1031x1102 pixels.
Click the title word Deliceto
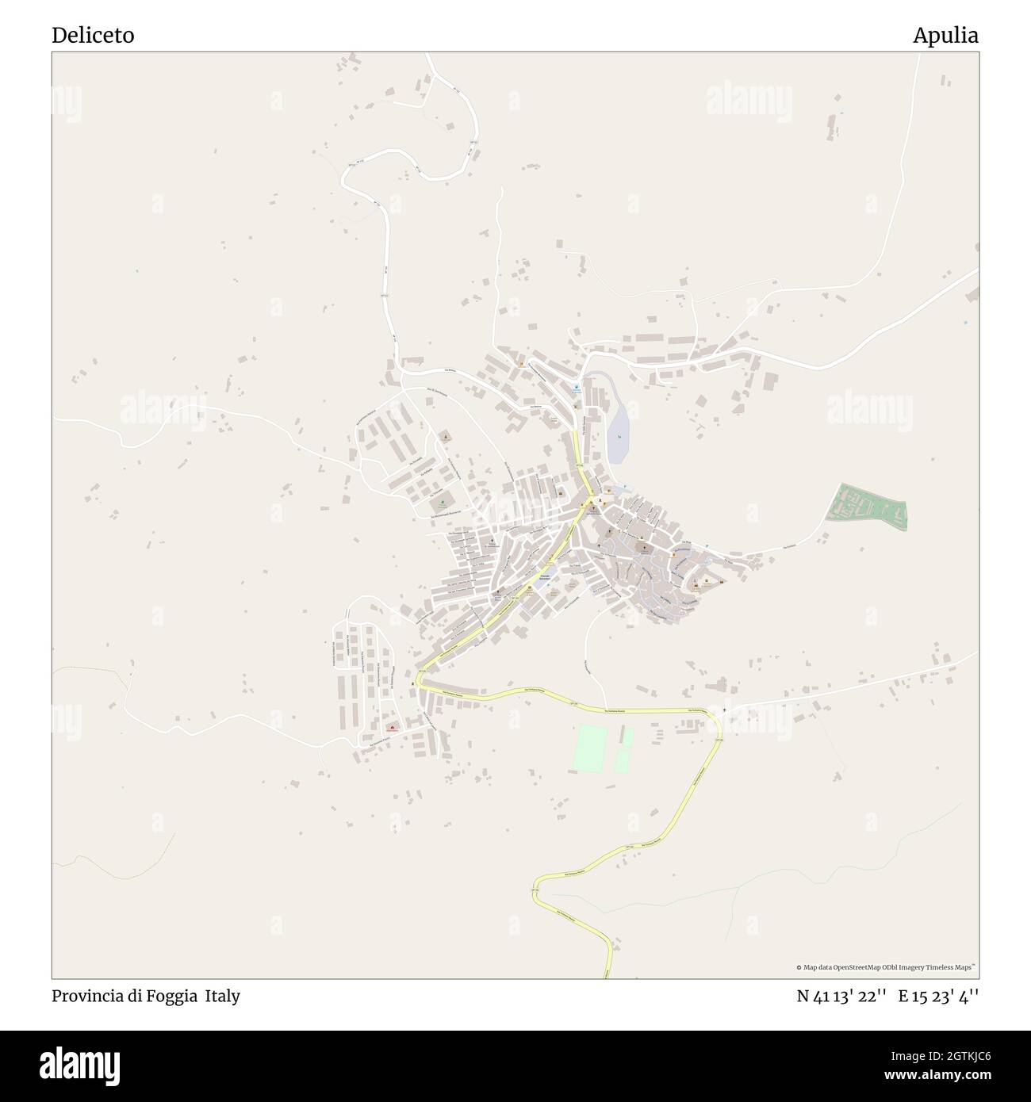point(93,36)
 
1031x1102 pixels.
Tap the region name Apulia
point(945,36)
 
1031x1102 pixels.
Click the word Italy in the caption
point(223,996)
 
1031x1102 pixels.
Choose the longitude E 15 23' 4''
point(938,996)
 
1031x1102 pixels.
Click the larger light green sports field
point(588,749)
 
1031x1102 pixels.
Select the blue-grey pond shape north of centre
point(618,432)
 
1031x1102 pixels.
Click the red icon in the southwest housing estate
point(390,728)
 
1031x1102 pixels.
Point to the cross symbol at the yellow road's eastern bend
point(724,710)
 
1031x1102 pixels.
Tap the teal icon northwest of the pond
point(577,388)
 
